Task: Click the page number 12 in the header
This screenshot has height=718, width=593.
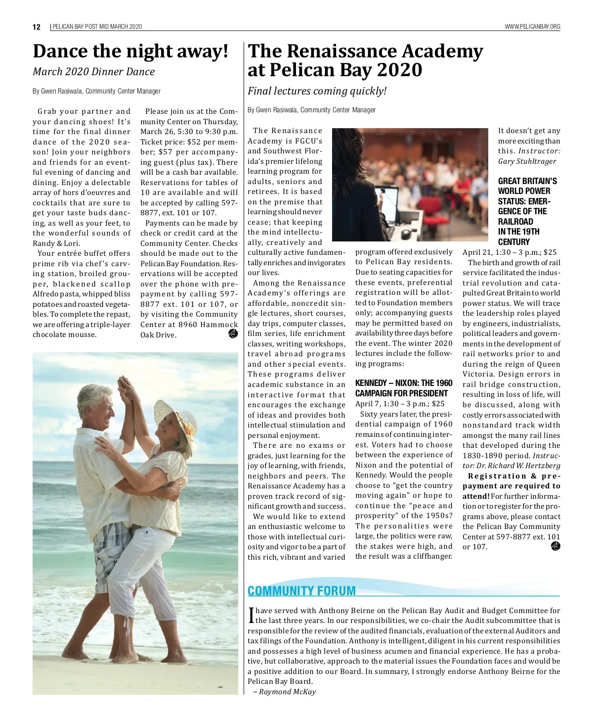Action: tap(37, 27)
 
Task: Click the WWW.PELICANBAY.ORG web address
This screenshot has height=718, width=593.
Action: tap(532, 27)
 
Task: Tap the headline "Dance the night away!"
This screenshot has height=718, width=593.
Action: tap(131, 51)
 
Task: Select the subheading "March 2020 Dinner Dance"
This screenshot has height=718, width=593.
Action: tap(93, 72)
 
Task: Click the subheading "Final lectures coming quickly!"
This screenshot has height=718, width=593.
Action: tap(317, 91)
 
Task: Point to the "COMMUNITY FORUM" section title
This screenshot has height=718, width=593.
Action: tap(301, 591)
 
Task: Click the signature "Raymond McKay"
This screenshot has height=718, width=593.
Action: tap(287, 692)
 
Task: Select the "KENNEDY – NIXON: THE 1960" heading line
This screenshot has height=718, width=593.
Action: tap(404, 383)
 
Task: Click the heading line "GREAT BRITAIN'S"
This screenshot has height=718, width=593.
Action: tap(527, 181)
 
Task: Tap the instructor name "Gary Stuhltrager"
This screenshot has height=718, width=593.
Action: tap(527, 161)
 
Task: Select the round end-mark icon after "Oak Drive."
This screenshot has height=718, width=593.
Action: tap(233, 334)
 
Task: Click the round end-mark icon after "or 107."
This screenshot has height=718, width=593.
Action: tap(555, 546)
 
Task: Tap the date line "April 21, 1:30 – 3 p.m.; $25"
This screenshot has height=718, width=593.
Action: tap(509, 252)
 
